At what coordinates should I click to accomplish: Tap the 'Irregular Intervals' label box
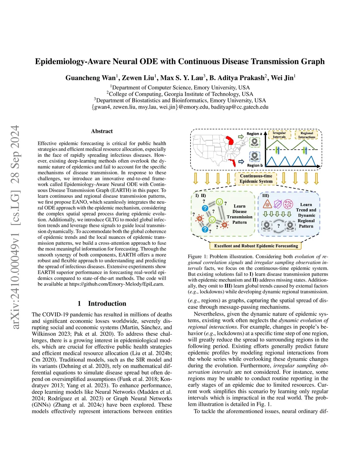click(x=279, y=135)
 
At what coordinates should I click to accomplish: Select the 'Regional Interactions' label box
click(x=307, y=135)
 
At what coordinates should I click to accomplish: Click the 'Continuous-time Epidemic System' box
click(x=256, y=179)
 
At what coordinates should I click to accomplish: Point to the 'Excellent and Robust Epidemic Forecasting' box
click(x=256, y=246)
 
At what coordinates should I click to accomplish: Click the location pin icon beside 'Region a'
click(x=255, y=142)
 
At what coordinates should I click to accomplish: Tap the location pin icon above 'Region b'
click(x=255, y=156)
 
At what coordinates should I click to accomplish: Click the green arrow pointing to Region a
click(x=241, y=136)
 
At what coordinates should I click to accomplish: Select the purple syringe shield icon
click(x=278, y=204)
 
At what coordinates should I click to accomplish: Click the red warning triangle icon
click(x=267, y=204)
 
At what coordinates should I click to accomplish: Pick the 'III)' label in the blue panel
click(x=265, y=196)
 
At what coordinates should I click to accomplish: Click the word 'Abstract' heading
click(x=102, y=131)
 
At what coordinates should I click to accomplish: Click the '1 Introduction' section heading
click(x=102, y=304)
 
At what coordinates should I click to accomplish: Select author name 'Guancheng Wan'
click(x=90, y=78)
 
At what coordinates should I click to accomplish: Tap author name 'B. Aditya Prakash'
click(x=237, y=78)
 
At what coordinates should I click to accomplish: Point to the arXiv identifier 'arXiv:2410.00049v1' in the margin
click(x=15, y=267)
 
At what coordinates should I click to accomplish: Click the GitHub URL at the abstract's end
click(x=116, y=284)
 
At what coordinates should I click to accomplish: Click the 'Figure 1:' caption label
click(x=197, y=257)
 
